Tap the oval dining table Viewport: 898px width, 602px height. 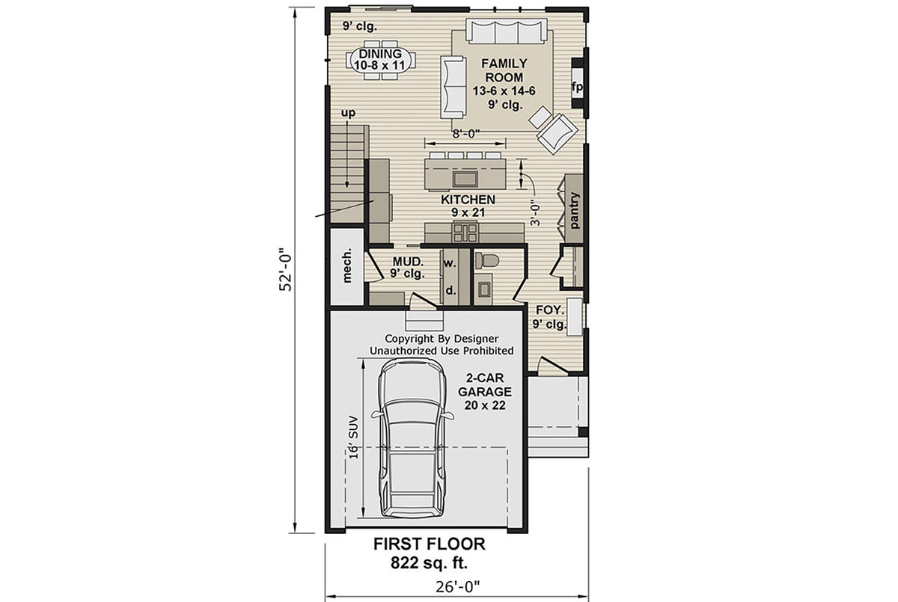[x=381, y=60]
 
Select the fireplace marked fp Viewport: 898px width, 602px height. [x=577, y=87]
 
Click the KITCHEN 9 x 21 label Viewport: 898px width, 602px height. [x=468, y=206]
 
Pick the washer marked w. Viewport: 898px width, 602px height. [x=450, y=263]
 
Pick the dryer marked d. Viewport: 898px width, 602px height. [x=450, y=289]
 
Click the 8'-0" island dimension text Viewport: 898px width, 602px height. [x=465, y=134]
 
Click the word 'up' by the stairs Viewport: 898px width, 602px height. [x=348, y=113]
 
